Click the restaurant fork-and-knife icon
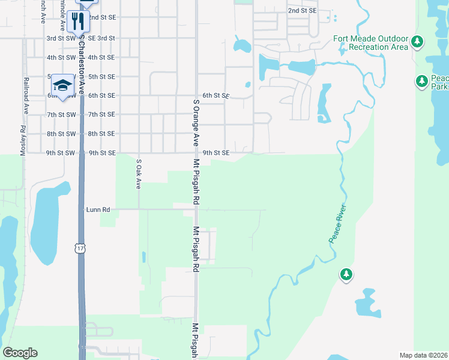78,22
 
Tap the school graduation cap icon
62,85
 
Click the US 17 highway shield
80,248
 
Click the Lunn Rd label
98,209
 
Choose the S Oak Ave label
138,175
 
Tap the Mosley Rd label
23,141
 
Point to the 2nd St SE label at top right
301,11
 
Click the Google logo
20,353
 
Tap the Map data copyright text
424,355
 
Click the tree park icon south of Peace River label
346,274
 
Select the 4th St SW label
61,57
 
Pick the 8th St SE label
101,134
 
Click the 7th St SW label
61,115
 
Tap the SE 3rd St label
101,38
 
